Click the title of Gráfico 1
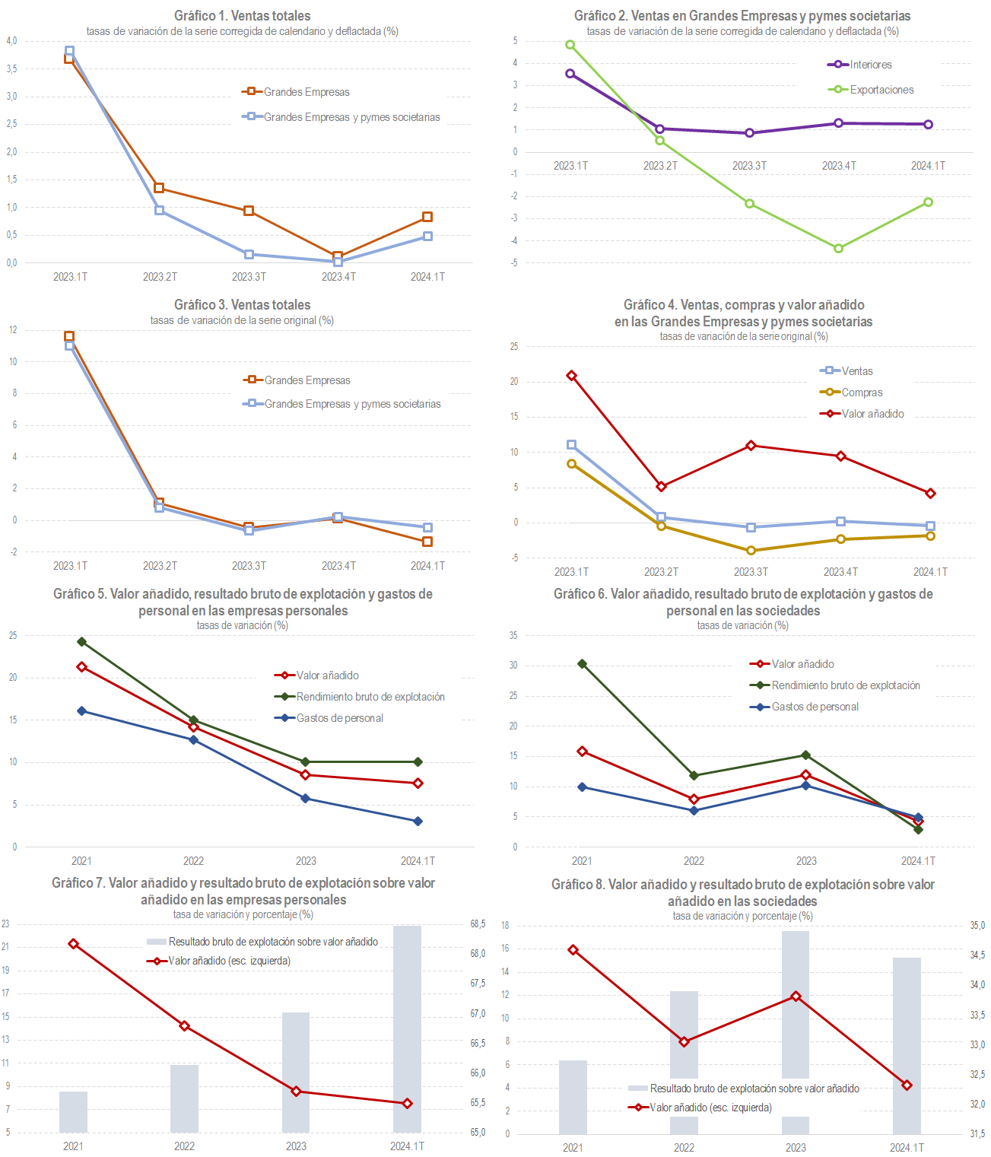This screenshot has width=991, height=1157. point(242,15)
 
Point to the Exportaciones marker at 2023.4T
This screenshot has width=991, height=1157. point(838,249)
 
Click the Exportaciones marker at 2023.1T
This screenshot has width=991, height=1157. point(570,45)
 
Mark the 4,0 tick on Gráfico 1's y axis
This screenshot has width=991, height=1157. point(11,41)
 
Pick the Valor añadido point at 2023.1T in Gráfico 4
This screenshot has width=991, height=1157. point(571,376)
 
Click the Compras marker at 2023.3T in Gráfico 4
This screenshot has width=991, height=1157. point(751,551)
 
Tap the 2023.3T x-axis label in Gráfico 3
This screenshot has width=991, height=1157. point(249,566)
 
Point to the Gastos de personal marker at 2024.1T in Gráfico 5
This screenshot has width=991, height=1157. point(418,822)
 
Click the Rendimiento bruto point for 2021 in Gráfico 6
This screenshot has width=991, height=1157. point(582,664)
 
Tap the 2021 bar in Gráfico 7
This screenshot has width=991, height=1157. point(73,1112)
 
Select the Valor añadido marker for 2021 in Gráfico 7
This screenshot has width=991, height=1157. point(73,944)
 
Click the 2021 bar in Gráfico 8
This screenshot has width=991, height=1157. point(573,1097)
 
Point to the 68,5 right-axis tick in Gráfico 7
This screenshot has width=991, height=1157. point(478,924)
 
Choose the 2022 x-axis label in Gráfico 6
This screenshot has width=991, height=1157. point(694,861)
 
